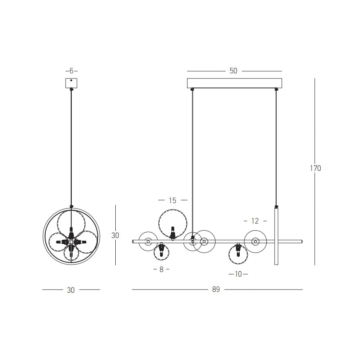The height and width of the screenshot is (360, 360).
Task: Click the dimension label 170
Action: [x=316, y=168]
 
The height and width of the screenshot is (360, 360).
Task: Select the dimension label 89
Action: [x=216, y=289]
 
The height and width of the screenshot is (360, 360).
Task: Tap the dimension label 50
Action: [x=233, y=71]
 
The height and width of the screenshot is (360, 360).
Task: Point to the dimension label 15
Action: [x=173, y=200]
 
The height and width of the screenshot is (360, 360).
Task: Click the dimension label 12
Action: [x=255, y=221]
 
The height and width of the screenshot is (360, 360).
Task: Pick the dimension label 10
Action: [x=238, y=274]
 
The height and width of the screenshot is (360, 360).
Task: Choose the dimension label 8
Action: [x=161, y=269]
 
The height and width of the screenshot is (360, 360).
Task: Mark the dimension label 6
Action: [x=71, y=71]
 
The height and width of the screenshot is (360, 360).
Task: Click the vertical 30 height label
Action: [x=115, y=235]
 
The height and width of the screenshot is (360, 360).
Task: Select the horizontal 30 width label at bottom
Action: [x=71, y=290]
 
